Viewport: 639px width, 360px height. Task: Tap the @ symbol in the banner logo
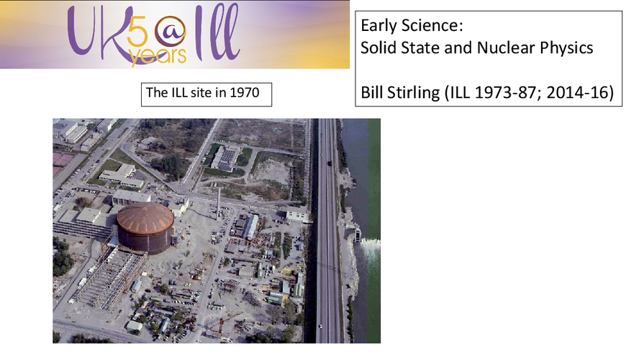click(171, 32)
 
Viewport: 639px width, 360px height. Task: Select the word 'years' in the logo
click(158, 56)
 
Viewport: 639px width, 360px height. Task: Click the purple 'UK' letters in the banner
click(97, 32)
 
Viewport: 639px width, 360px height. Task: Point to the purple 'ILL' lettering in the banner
click(217, 32)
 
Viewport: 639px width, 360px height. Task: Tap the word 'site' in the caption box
click(201, 93)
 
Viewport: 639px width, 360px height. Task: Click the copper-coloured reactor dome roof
click(145, 217)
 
